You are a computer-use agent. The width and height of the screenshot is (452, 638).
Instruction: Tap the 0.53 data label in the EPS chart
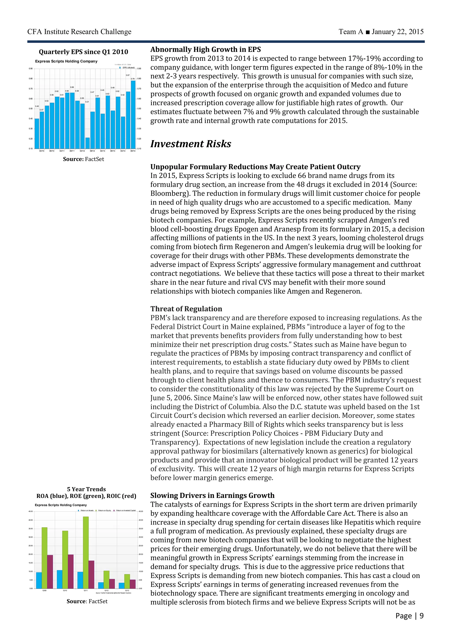point(47,101)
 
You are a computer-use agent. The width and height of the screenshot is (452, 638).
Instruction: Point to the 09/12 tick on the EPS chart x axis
point(92,151)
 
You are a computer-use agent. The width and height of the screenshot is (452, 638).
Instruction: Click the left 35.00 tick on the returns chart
point(31,529)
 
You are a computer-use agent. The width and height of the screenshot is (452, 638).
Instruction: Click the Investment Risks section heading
point(191,144)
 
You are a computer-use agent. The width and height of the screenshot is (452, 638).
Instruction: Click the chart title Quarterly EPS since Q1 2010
point(83,52)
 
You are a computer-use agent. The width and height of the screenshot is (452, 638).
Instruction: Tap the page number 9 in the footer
point(421,623)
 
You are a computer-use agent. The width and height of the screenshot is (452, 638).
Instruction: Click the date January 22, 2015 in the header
point(397,32)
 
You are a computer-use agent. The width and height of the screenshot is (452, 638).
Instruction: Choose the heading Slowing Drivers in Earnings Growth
point(212,495)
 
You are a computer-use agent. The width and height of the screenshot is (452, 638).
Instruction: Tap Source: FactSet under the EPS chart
point(83,159)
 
